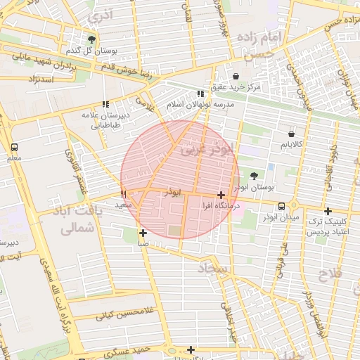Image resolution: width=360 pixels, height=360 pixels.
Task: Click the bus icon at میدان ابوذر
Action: [x=282, y=206]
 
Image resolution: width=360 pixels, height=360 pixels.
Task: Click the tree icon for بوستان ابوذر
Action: [x=253, y=176]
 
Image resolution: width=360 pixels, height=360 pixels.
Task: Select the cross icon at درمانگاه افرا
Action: [x=221, y=195]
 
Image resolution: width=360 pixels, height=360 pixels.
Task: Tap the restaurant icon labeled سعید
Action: [x=124, y=193]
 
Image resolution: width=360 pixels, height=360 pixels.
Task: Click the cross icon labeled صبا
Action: [x=143, y=233]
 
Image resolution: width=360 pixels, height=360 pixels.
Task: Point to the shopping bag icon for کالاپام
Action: [x=292, y=134]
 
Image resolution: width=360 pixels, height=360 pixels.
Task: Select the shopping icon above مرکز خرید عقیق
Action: [x=236, y=76]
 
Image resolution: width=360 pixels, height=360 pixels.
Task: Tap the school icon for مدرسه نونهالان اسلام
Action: [x=200, y=93]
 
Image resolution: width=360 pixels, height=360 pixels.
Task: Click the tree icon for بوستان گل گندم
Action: [x=91, y=39]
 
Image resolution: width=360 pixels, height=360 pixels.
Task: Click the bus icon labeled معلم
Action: [x=14, y=148]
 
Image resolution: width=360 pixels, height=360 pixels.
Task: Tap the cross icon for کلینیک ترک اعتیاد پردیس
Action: [x=327, y=211]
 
